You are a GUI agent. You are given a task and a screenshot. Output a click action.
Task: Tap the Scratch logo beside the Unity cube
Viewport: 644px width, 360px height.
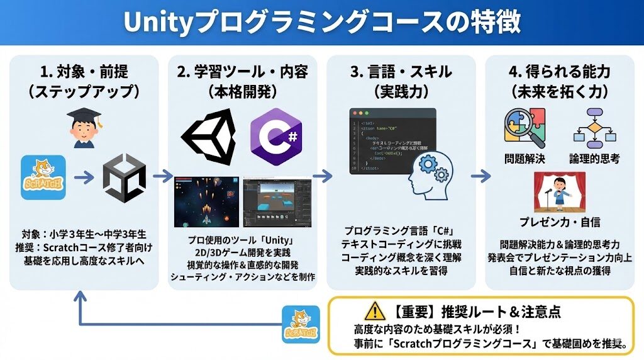[43, 177]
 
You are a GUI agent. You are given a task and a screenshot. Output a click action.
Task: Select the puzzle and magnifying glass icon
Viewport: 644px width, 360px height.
[524, 128]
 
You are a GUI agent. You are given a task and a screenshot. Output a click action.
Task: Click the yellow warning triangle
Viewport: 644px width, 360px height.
[374, 310]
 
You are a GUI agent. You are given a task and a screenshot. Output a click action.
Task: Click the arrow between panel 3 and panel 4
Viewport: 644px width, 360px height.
[480, 176]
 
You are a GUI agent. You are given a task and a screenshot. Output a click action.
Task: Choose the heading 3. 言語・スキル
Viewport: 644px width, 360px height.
[401, 72]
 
